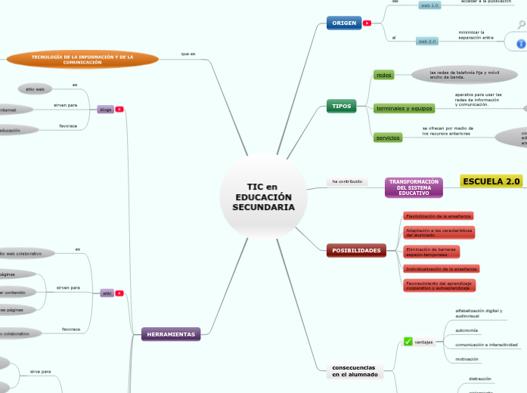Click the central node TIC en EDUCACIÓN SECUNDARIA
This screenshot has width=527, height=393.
coord(263,196)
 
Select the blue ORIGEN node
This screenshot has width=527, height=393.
coord(344,23)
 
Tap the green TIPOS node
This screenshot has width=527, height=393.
coord(342,107)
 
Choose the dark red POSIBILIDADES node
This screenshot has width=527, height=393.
coord(356,250)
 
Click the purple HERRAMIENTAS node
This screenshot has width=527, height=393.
coord(171,334)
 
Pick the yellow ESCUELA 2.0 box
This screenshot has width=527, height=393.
coord(491,181)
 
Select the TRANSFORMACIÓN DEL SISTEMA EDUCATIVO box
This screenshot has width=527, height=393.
coord(414,187)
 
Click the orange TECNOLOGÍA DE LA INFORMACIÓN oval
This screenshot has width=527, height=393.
coord(82,59)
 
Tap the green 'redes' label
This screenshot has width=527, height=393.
coord(384,75)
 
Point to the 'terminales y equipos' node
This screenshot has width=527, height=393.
coord(405,109)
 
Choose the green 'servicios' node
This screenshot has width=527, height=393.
coord(388,138)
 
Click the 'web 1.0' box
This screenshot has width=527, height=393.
coord(429,5)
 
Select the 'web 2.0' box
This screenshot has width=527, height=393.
coord(427,41)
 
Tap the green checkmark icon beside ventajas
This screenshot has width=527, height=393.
coord(408,342)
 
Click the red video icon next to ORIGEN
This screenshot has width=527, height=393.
coord(367,23)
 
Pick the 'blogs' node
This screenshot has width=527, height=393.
coord(106,110)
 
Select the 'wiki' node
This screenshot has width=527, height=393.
coord(107,293)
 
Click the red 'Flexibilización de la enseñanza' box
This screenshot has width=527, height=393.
coord(428,216)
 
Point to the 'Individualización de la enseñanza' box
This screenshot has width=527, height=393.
coord(441,268)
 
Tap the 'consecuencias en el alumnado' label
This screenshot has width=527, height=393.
coord(354,371)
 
